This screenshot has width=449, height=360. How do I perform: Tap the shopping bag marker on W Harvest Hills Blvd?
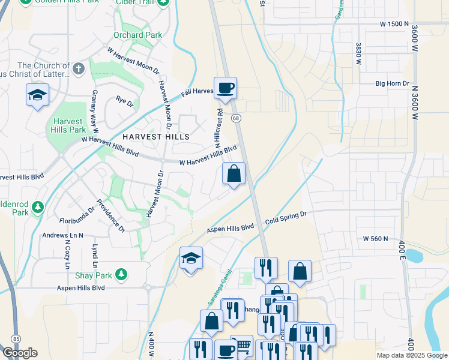point(234,174)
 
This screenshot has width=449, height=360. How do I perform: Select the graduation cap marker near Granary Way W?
point(37,95)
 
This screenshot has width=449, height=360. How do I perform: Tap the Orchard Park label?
point(137,35)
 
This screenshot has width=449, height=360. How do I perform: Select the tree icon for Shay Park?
point(121,274)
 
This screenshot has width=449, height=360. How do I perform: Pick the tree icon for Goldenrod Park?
point(38,207)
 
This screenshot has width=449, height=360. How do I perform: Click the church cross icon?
point(78,68)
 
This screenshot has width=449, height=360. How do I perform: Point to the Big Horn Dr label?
point(392,84)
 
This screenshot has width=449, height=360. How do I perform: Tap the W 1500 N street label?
point(394,23)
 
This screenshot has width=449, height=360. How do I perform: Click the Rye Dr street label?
point(124,102)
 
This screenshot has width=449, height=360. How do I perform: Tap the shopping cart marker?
point(242,345)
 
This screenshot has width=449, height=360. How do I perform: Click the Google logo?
point(19,352)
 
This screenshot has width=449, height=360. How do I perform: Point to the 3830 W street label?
point(358,54)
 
